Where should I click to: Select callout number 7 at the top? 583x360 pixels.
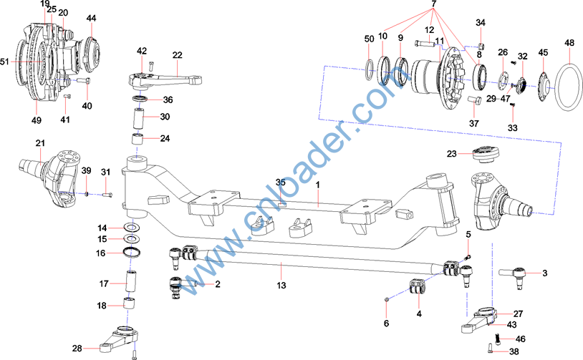[433, 5]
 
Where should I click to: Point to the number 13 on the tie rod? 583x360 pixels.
[281, 286]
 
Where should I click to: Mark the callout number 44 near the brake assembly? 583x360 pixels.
[90, 17]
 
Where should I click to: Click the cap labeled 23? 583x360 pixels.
[484, 155]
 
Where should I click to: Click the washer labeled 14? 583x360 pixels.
[132, 227]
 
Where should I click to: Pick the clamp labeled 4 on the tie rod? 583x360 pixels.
[417, 287]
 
